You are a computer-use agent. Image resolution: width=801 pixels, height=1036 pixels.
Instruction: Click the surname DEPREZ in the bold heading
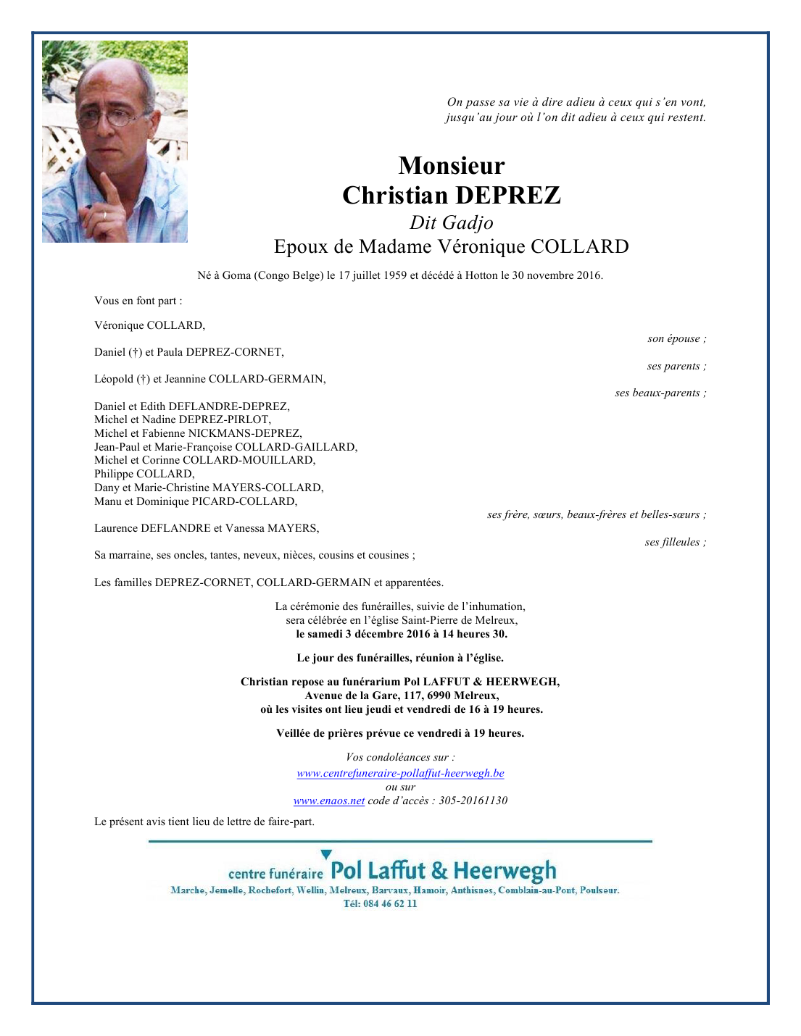507,196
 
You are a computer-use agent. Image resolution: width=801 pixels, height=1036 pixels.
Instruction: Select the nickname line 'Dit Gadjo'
452,222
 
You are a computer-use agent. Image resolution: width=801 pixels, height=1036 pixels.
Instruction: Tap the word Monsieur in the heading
452,166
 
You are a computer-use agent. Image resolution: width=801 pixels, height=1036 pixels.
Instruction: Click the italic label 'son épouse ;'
676,338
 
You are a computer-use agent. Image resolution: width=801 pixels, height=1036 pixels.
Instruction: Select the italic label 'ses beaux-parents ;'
660,393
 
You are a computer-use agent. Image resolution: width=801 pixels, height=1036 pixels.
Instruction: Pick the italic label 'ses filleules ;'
675,542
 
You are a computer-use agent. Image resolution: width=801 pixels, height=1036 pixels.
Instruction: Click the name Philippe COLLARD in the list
144,474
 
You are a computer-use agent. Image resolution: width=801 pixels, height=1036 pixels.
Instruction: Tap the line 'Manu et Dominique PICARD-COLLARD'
196,501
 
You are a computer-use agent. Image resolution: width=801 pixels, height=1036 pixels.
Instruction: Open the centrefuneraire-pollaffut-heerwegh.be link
400,773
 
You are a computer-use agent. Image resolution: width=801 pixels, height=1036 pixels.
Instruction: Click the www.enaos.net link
329,801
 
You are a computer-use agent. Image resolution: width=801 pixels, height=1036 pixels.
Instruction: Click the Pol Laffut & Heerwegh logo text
444,870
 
